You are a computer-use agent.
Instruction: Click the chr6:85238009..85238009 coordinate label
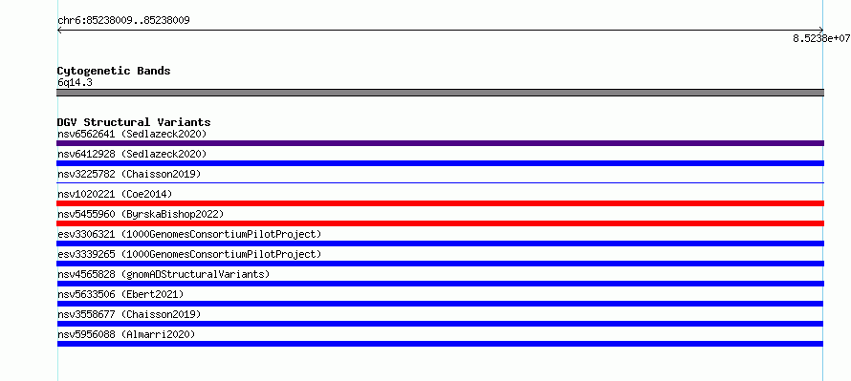point(123,21)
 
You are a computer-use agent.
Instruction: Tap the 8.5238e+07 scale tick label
point(821,38)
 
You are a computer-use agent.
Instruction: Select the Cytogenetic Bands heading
point(114,71)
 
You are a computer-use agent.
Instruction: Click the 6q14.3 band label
point(75,82)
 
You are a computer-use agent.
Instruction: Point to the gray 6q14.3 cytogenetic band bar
point(440,93)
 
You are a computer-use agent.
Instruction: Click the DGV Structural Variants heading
point(134,122)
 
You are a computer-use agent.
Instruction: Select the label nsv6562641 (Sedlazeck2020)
point(132,134)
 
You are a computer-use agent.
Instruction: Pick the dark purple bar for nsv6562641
point(440,143)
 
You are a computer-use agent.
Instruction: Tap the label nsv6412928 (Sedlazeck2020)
point(132,154)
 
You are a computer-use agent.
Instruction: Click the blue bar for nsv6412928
point(440,163)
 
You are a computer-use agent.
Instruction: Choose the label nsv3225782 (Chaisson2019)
point(129,174)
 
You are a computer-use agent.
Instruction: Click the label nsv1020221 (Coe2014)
point(115,194)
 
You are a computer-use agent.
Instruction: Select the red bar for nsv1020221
point(440,203)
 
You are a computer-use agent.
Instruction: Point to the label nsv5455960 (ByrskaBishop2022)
point(141,214)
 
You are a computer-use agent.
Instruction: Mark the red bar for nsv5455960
point(440,223)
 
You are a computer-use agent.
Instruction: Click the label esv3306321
point(86,234)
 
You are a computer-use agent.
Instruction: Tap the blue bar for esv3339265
point(440,264)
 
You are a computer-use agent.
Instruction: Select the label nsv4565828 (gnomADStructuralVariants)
point(164,274)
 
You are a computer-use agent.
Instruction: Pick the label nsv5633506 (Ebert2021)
point(120,294)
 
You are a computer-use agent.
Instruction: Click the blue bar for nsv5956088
point(440,344)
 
